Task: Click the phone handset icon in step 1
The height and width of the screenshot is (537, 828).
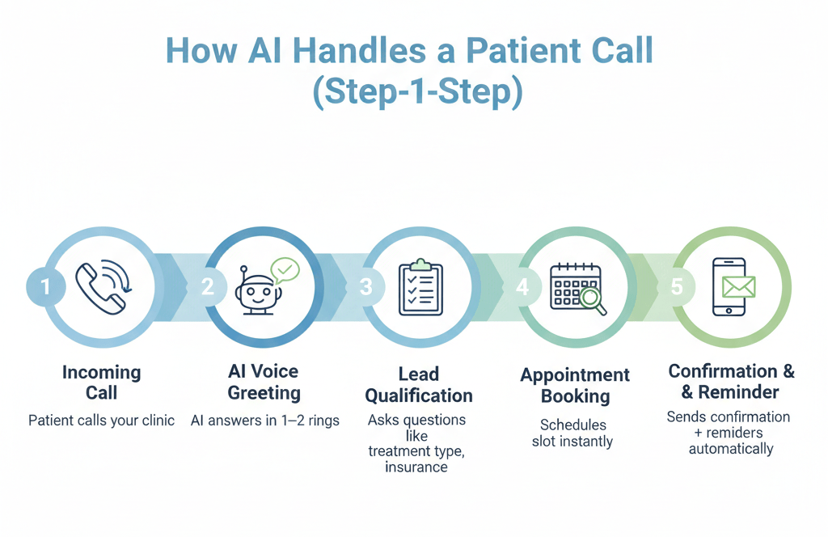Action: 100,286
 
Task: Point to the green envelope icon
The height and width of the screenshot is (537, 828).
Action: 738,286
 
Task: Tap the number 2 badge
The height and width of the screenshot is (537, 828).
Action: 208,286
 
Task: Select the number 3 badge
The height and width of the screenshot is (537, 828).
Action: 365,286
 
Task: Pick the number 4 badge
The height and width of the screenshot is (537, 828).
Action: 522,286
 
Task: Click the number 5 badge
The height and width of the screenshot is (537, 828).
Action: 678,286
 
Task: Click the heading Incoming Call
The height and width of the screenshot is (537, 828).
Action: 102,383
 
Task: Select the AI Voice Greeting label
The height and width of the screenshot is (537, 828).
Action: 264,382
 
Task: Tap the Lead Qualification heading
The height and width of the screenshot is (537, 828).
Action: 419,385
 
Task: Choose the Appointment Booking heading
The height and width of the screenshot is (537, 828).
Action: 575,386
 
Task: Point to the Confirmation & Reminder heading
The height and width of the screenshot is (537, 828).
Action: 731,382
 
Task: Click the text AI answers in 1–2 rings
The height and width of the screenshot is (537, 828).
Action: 265,421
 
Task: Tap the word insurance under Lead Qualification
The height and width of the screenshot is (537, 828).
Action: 416,467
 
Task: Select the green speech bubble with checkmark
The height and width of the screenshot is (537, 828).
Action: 285,269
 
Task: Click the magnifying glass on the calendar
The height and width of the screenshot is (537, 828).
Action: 594,302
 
